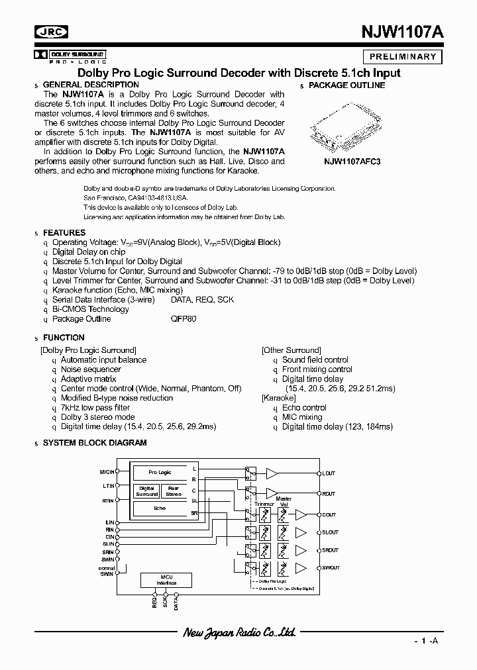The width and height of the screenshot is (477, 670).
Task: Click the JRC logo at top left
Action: (52, 32)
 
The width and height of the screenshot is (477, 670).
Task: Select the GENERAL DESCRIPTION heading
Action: (91, 85)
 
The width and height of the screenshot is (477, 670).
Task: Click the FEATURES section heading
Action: (64, 233)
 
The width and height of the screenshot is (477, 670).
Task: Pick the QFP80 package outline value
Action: (184, 319)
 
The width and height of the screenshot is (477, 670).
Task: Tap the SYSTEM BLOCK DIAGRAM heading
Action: (95, 442)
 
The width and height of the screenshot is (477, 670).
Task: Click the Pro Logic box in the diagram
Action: (160, 473)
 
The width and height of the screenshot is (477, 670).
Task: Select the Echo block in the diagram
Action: (160, 508)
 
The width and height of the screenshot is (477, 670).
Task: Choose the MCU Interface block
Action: (166, 581)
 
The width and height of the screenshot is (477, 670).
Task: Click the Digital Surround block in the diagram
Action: (146, 491)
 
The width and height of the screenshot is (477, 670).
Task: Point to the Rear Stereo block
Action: (174, 491)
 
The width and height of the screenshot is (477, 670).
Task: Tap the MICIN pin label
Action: (106, 471)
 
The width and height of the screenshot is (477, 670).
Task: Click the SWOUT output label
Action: (330, 568)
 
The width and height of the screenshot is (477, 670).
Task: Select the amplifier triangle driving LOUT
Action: (272, 473)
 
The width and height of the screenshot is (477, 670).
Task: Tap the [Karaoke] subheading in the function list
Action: (279, 398)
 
